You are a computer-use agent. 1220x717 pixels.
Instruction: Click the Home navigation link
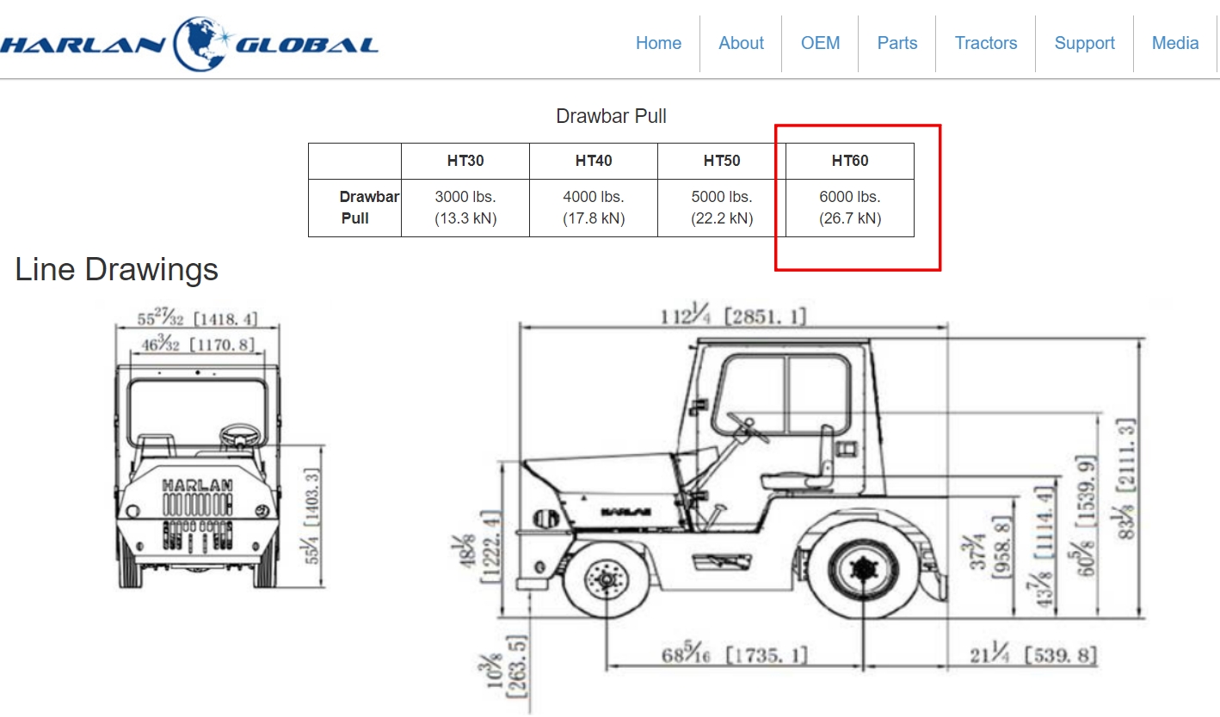tap(658, 43)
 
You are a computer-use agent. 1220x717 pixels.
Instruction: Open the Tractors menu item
tap(986, 43)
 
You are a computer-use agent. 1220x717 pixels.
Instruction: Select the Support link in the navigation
tap(1084, 43)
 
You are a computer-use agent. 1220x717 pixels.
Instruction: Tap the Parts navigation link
tap(897, 43)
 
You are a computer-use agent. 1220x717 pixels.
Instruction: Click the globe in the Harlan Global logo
tap(200, 44)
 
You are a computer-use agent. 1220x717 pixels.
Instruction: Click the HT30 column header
tap(465, 161)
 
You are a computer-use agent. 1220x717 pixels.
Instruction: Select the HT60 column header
tap(850, 161)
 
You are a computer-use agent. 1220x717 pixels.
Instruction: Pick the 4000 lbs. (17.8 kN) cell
tap(594, 207)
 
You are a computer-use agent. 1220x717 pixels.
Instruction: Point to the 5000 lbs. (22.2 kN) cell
tap(722, 207)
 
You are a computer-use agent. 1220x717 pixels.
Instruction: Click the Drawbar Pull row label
tap(369, 207)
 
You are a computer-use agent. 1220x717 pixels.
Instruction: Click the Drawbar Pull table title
tap(611, 116)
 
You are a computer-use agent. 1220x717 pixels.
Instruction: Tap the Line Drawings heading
tap(116, 269)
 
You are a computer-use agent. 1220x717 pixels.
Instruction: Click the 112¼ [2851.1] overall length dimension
tap(733, 316)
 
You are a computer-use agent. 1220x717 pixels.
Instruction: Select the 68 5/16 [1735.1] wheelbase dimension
tap(734, 653)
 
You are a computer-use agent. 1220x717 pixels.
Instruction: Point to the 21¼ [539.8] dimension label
tap(1032, 653)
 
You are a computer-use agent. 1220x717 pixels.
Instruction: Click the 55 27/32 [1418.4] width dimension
tap(197, 317)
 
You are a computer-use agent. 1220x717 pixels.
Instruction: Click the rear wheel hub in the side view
tap(863, 569)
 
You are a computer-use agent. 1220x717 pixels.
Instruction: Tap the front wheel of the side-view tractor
tap(606, 579)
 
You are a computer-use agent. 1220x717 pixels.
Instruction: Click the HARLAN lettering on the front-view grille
tap(197, 485)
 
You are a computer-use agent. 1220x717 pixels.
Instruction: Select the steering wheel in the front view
tap(240, 435)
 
